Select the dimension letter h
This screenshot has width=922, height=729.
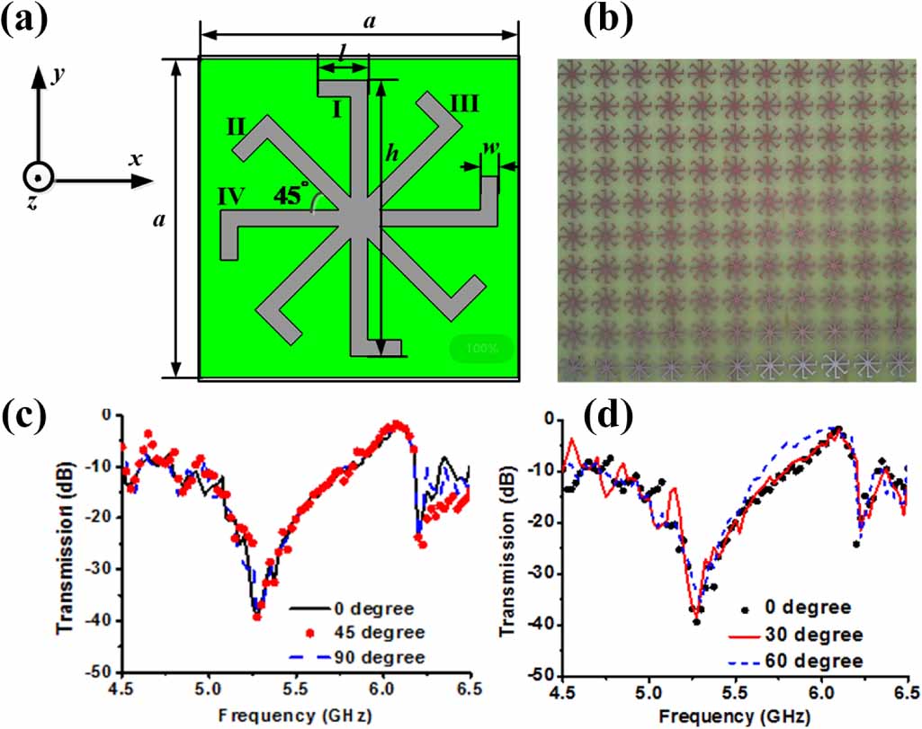pos(391,155)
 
